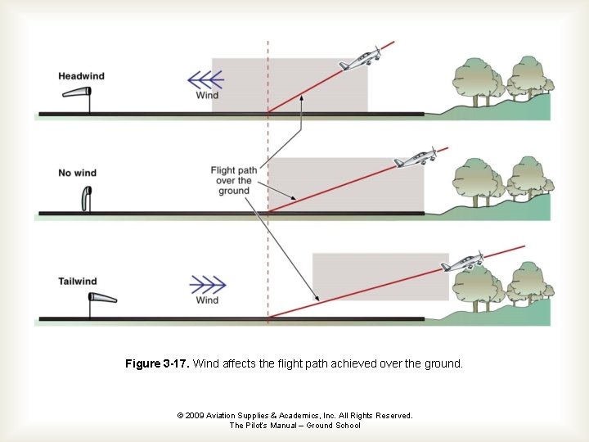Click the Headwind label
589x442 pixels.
click(81, 76)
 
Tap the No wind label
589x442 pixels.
click(77, 173)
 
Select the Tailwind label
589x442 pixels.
click(78, 282)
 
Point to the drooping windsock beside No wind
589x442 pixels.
click(87, 197)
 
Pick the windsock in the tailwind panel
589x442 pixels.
click(102, 298)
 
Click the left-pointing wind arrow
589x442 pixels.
click(205, 79)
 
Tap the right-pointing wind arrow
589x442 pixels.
click(208, 284)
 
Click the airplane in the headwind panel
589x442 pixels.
click(360, 58)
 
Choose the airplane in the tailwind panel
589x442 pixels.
click(461, 263)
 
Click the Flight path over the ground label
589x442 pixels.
click(234, 180)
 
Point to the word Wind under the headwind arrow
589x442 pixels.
click(207, 96)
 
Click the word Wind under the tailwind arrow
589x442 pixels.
click(207, 300)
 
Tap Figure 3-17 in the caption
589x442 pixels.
click(157, 363)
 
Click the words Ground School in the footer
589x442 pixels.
click(330, 426)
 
